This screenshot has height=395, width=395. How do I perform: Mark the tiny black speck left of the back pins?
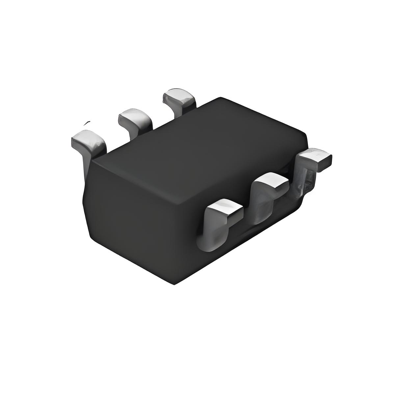tap(87, 123)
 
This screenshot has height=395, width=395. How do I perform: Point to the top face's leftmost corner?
tap(92, 160)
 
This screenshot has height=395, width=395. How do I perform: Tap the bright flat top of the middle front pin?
tap(272, 181)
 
